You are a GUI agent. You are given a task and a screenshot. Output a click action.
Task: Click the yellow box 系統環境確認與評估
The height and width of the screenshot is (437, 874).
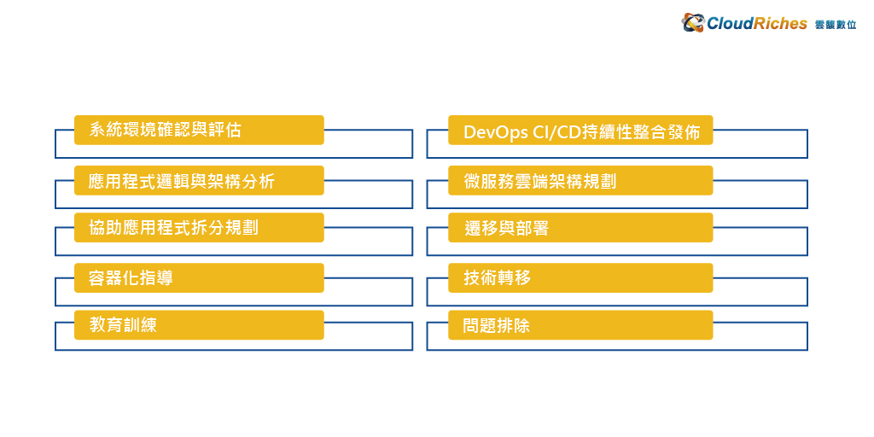pyautogui.click(x=199, y=130)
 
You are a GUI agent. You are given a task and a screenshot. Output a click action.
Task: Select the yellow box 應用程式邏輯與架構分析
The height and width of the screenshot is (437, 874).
pyautogui.click(x=199, y=181)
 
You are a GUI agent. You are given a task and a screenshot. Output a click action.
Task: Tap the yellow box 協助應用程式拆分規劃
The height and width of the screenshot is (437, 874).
pyautogui.click(x=199, y=227)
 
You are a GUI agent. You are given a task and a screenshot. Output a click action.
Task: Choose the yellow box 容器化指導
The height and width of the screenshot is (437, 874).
pyautogui.click(x=199, y=277)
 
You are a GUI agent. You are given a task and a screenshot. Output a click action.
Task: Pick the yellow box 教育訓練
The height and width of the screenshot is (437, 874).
pyautogui.click(x=199, y=325)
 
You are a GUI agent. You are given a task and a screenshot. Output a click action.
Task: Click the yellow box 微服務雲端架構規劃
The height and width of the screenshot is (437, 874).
pyautogui.click(x=580, y=181)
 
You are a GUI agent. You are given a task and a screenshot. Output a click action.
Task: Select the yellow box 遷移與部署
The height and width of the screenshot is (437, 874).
pyautogui.click(x=580, y=227)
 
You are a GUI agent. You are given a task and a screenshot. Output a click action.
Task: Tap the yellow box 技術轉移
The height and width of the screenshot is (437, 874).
pyautogui.click(x=580, y=277)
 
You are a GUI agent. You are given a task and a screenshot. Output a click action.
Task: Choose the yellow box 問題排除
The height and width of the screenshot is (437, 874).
pyautogui.click(x=580, y=325)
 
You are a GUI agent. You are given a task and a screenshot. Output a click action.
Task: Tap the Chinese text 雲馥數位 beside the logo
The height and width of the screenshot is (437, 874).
pyautogui.click(x=836, y=25)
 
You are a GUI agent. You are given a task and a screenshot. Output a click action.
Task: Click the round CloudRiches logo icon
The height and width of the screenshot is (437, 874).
pyautogui.click(x=693, y=23)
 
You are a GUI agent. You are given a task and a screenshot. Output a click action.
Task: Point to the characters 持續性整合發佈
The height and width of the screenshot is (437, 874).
pyautogui.click(x=640, y=132)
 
